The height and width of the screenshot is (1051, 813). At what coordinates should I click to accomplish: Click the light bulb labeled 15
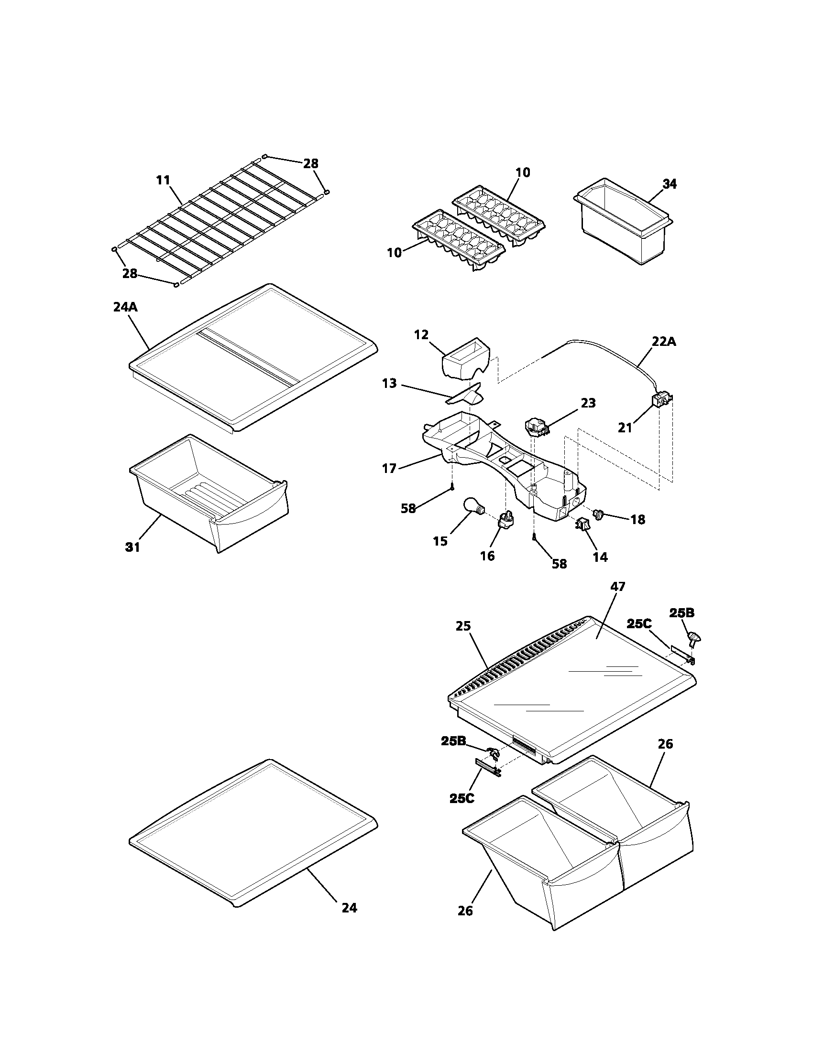click(472, 507)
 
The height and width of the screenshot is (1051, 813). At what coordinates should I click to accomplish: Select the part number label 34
click(669, 184)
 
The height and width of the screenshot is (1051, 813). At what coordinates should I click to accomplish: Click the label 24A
click(126, 307)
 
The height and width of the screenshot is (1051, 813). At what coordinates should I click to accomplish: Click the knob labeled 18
click(599, 515)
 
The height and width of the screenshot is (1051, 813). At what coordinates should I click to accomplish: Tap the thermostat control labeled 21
click(659, 400)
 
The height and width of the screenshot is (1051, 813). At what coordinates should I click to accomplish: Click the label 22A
click(664, 342)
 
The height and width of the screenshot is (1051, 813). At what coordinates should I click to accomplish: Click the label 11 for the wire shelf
click(163, 181)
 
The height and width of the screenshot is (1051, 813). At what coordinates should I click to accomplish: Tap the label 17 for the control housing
click(389, 468)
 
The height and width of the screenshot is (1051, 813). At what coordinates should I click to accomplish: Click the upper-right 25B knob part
click(695, 639)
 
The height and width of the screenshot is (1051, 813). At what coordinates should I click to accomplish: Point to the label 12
click(421, 335)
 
